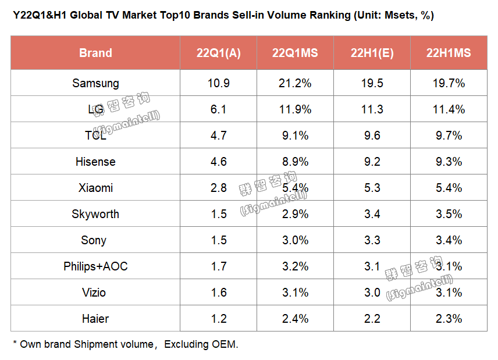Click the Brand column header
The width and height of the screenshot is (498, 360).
click(95, 53)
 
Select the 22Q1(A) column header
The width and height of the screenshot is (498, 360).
click(218, 53)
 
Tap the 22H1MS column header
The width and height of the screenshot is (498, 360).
click(449, 53)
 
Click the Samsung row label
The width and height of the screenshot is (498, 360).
click(95, 83)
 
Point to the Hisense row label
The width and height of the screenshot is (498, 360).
click(95, 162)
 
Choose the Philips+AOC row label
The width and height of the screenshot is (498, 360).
click(95, 266)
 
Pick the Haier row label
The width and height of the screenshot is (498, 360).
click(95, 319)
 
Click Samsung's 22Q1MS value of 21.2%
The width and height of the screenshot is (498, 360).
click(295, 83)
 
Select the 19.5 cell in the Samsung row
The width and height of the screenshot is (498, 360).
click(372, 83)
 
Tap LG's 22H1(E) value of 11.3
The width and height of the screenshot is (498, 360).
click(372, 109)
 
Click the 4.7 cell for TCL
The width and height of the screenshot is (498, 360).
click(218, 136)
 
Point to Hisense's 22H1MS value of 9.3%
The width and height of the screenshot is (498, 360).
click(449, 162)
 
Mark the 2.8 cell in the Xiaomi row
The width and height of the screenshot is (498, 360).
click(218, 188)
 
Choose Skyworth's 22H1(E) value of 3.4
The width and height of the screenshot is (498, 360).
click(372, 214)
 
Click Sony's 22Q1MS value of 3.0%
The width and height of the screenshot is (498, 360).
click(295, 240)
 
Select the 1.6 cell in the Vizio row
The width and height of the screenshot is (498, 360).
click(218, 293)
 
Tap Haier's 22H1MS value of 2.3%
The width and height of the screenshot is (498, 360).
click(449, 319)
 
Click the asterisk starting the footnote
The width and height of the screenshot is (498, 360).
click(15, 343)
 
